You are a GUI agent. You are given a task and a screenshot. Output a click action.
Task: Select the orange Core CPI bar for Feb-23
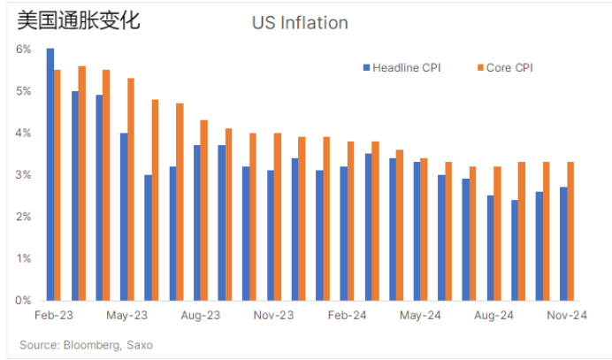coord(57,185)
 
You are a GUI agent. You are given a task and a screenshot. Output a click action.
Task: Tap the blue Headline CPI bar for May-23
coord(124,217)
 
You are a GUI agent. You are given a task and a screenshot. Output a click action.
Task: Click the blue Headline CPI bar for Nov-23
coord(271,235)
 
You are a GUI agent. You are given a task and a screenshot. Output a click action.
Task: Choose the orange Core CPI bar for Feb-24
coord(351,221)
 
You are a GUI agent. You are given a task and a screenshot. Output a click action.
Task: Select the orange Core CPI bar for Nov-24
coord(571,232)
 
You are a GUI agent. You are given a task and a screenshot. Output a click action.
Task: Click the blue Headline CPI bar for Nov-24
coord(563,244)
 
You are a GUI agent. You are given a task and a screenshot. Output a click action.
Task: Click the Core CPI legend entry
coord(504,67)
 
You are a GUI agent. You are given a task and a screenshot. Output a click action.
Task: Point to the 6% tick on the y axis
coord(24,50)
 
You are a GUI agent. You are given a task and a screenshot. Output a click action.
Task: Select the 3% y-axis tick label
coord(24,175)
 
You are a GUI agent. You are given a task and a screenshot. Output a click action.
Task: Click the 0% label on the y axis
coord(24,301)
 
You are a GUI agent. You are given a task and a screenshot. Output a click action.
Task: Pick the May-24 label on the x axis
coord(421,315)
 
